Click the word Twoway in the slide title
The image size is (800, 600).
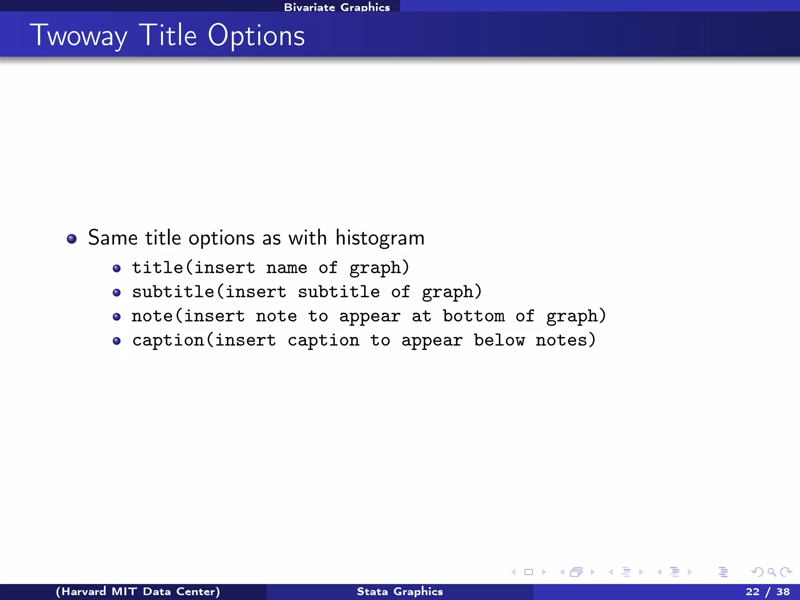pyautogui.click(x=78, y=36)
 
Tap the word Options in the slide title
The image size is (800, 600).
pyautogui.click(x=256, y=36)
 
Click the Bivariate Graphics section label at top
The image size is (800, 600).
pyautogui.click(x=337, y=7)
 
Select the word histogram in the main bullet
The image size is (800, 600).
pyautogui.click(x=380, y=238)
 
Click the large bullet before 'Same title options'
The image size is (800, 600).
pyautogui.click(x=71, y=239)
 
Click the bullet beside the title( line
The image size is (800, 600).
pyautogui.click(x=116, y=268)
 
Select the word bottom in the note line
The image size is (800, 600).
pyautogui.click(x=473, y=316)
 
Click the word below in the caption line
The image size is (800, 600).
pyautogui.click(x=499, y=340)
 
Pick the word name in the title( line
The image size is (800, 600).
pyautogui.click(x=286, y=268)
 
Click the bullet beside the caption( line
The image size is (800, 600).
pyautogui.click(x=116, y=341)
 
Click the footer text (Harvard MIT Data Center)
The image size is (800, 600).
pyautogui.click(x=138, y=591)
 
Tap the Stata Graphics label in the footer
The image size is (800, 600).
pyautogui.click(x=400, y=591)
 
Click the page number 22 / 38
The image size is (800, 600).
pyautogui.click(x=768, y=591)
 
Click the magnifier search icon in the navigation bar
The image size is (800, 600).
pyautogui.click(x=771, y=572)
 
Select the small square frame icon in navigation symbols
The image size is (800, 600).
pyautogui.click(x=529, y=572)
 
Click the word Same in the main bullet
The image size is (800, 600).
pyautogui.click(x=112, y=238)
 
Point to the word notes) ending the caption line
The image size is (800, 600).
pyautogui.click(x=565, y=340)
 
